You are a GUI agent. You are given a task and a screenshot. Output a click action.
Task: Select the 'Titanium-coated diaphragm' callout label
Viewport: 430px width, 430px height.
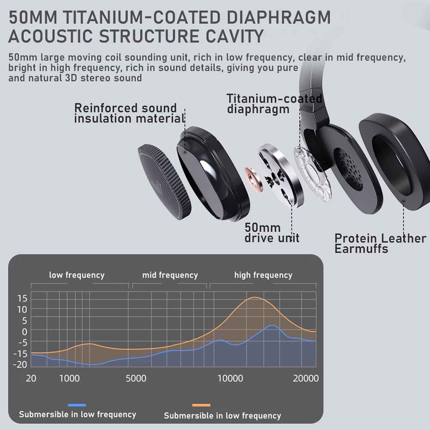point(274,104)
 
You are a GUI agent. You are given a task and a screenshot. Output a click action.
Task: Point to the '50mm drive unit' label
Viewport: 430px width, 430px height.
point(272,233)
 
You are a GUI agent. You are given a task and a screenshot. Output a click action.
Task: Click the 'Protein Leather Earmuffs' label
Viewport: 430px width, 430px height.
point(380,243)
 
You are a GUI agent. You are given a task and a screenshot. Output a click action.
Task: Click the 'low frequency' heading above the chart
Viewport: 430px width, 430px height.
point(76,275)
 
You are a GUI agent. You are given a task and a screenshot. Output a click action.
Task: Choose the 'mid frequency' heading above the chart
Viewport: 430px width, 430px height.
point(170,275)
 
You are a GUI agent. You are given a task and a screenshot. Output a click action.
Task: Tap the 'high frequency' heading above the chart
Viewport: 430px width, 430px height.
point(263,275)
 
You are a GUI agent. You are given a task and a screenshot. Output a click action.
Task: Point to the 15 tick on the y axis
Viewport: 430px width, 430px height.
point(22,299)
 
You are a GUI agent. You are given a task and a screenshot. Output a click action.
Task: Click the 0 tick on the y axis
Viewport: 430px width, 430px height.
point(24,331)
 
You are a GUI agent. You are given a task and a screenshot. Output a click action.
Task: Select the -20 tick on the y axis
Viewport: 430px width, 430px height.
point(20,364)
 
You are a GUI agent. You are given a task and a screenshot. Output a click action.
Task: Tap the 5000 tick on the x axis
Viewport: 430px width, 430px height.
point(136,378)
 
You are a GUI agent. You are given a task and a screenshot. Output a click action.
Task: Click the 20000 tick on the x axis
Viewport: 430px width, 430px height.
point(306,378)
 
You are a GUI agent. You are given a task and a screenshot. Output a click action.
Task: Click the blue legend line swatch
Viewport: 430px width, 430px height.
point(77,405)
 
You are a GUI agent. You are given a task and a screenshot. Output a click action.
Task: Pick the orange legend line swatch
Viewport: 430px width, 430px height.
point(201,405)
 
